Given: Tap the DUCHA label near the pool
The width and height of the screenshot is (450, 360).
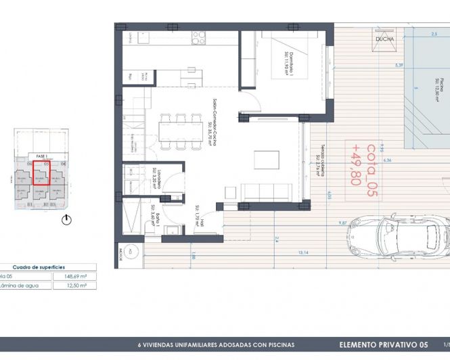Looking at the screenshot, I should tap(384, 39).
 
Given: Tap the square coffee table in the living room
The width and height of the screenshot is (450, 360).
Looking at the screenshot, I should tap(265, 160).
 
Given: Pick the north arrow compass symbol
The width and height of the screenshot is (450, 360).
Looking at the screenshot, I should tap(66, 219).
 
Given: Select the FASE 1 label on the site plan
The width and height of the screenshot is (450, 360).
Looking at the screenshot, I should tap(43, 155).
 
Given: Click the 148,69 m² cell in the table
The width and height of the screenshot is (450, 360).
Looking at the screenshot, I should tap(74, 276).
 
